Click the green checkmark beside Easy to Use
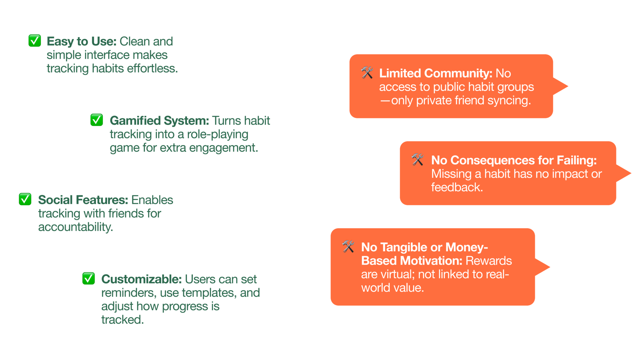pyautogui.click(x=35, y=41)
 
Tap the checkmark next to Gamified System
pyautogui.click(x=97, y=120)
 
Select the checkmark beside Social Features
pyautogui.click(x=25, y=199)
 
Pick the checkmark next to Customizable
pyautogui.click(x=89, y=278)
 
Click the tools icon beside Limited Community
pyautogui.click(x=367, y=73)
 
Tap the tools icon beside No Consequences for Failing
pyautogui.click(x=418, y=159)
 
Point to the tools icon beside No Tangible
pyautogui.click(x=348, y=247)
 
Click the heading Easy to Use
pyautogui.click(x=82, y=42)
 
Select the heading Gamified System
pyautogui.click(x=159, y=120)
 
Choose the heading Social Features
pyautogui.click(x=83, y=200)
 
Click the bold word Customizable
pyautogui.click(x=141, y=279)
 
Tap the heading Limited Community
pyautogui.click(x=436, y=73)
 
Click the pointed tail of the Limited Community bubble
pyautogui.click(x=567, y=86)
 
